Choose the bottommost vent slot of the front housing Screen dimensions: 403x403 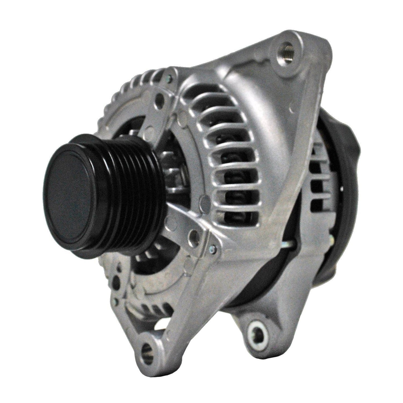tap(239, 217)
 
